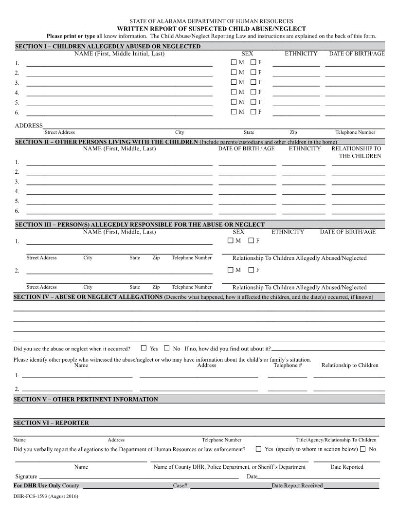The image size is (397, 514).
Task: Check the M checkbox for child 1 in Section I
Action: click(x=234, y=62)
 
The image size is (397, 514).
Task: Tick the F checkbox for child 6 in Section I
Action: click(x=253, y=112)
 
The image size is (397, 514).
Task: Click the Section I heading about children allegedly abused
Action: click(x=108, y=46)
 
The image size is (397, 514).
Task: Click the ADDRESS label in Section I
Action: click(x=29, y=126)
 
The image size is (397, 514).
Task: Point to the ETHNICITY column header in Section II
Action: click(x=305, y=148)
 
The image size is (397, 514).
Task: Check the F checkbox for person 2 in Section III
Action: click(x=251, y=270)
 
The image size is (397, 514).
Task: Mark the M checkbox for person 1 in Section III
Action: click(x=231, y=240)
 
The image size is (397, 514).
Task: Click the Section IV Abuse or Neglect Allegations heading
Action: click(x=88, y=297)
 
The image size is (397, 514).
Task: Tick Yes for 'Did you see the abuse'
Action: click(x=144, y=348)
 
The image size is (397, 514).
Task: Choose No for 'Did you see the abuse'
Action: click(x=166, y=348)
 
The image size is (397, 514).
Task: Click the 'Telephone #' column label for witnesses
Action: click(x=288, y=365)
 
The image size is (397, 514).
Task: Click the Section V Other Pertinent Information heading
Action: click(x=86, y=399)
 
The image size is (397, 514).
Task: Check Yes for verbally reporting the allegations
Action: click(x=258, y=449)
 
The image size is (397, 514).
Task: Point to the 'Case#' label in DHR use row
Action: click(x=180, y=486)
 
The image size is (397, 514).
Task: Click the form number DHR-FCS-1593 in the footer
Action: click(x=46, y=496)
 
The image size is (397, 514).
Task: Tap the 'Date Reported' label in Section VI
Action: click(x=346, y=467)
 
